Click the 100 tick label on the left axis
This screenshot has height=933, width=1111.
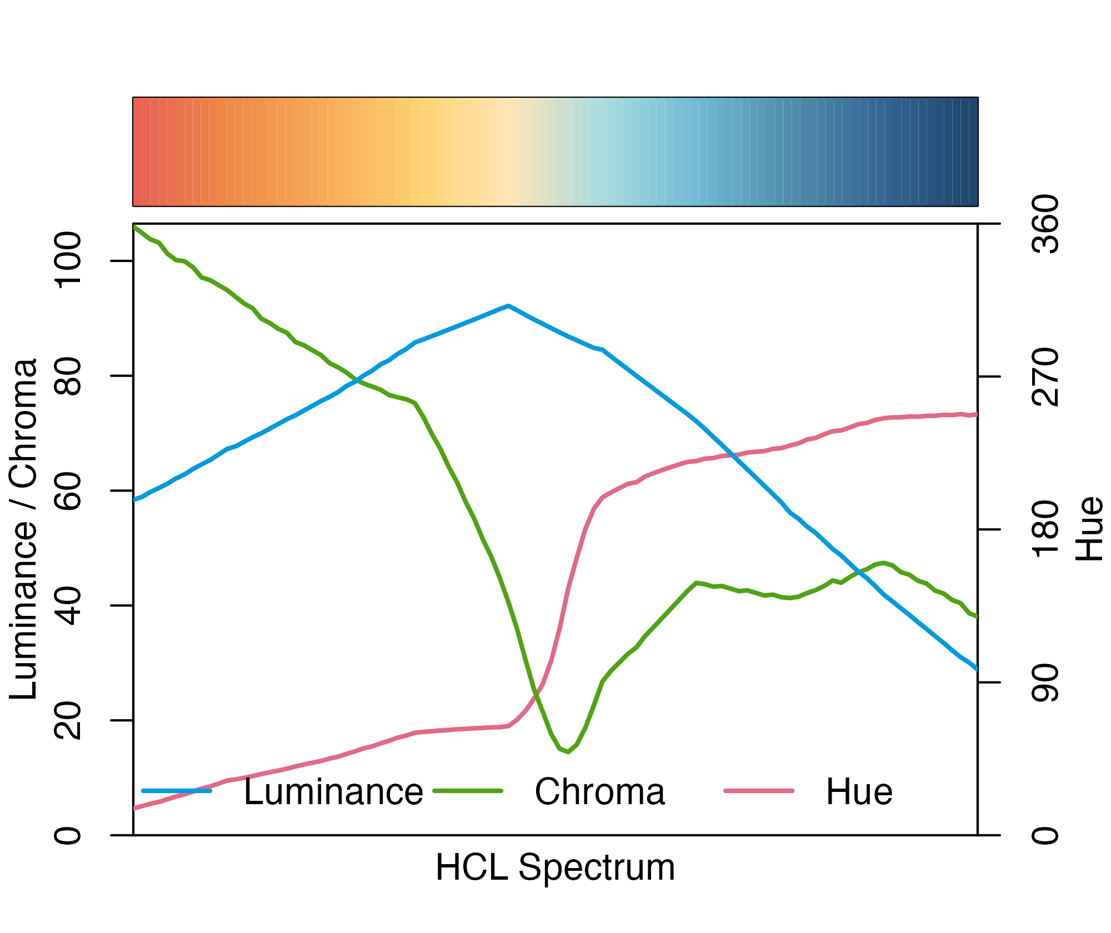click(68, 261)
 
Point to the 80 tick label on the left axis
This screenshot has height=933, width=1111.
click(68, 377)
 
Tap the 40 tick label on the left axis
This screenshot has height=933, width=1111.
click(68, 606)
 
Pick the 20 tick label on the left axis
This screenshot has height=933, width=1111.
click(68, 721)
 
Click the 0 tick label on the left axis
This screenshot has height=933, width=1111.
click(68, 835)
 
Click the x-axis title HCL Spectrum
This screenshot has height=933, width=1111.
click(555, 867)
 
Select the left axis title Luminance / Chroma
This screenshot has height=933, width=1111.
click(23, 529)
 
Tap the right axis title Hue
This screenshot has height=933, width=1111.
click(1089, 529)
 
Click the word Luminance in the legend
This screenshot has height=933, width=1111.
click(333, 792)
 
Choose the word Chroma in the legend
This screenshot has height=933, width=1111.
click(599, 792)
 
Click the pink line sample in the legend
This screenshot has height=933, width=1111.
click(759, 791)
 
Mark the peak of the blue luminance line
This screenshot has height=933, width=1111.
click(508, 306)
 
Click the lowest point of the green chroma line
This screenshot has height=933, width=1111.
click(567, 752)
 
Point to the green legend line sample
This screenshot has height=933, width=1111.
click(468, 791)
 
